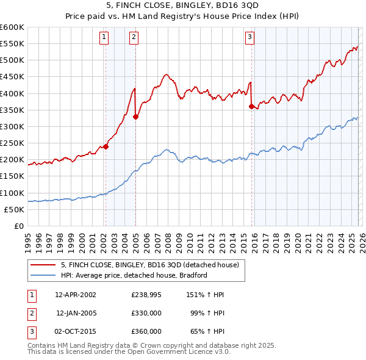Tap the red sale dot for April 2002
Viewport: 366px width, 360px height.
(106, 146)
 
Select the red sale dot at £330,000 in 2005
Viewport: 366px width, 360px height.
(135, 117)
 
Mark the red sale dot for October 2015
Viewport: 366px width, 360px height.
(251, 107)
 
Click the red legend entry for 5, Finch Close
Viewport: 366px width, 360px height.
(152, 265)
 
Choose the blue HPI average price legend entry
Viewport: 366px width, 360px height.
(134, 275)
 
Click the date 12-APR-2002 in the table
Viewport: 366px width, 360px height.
(75, 294)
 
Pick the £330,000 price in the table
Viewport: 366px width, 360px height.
(146, 313)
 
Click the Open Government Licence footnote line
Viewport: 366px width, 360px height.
(129, 352)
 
